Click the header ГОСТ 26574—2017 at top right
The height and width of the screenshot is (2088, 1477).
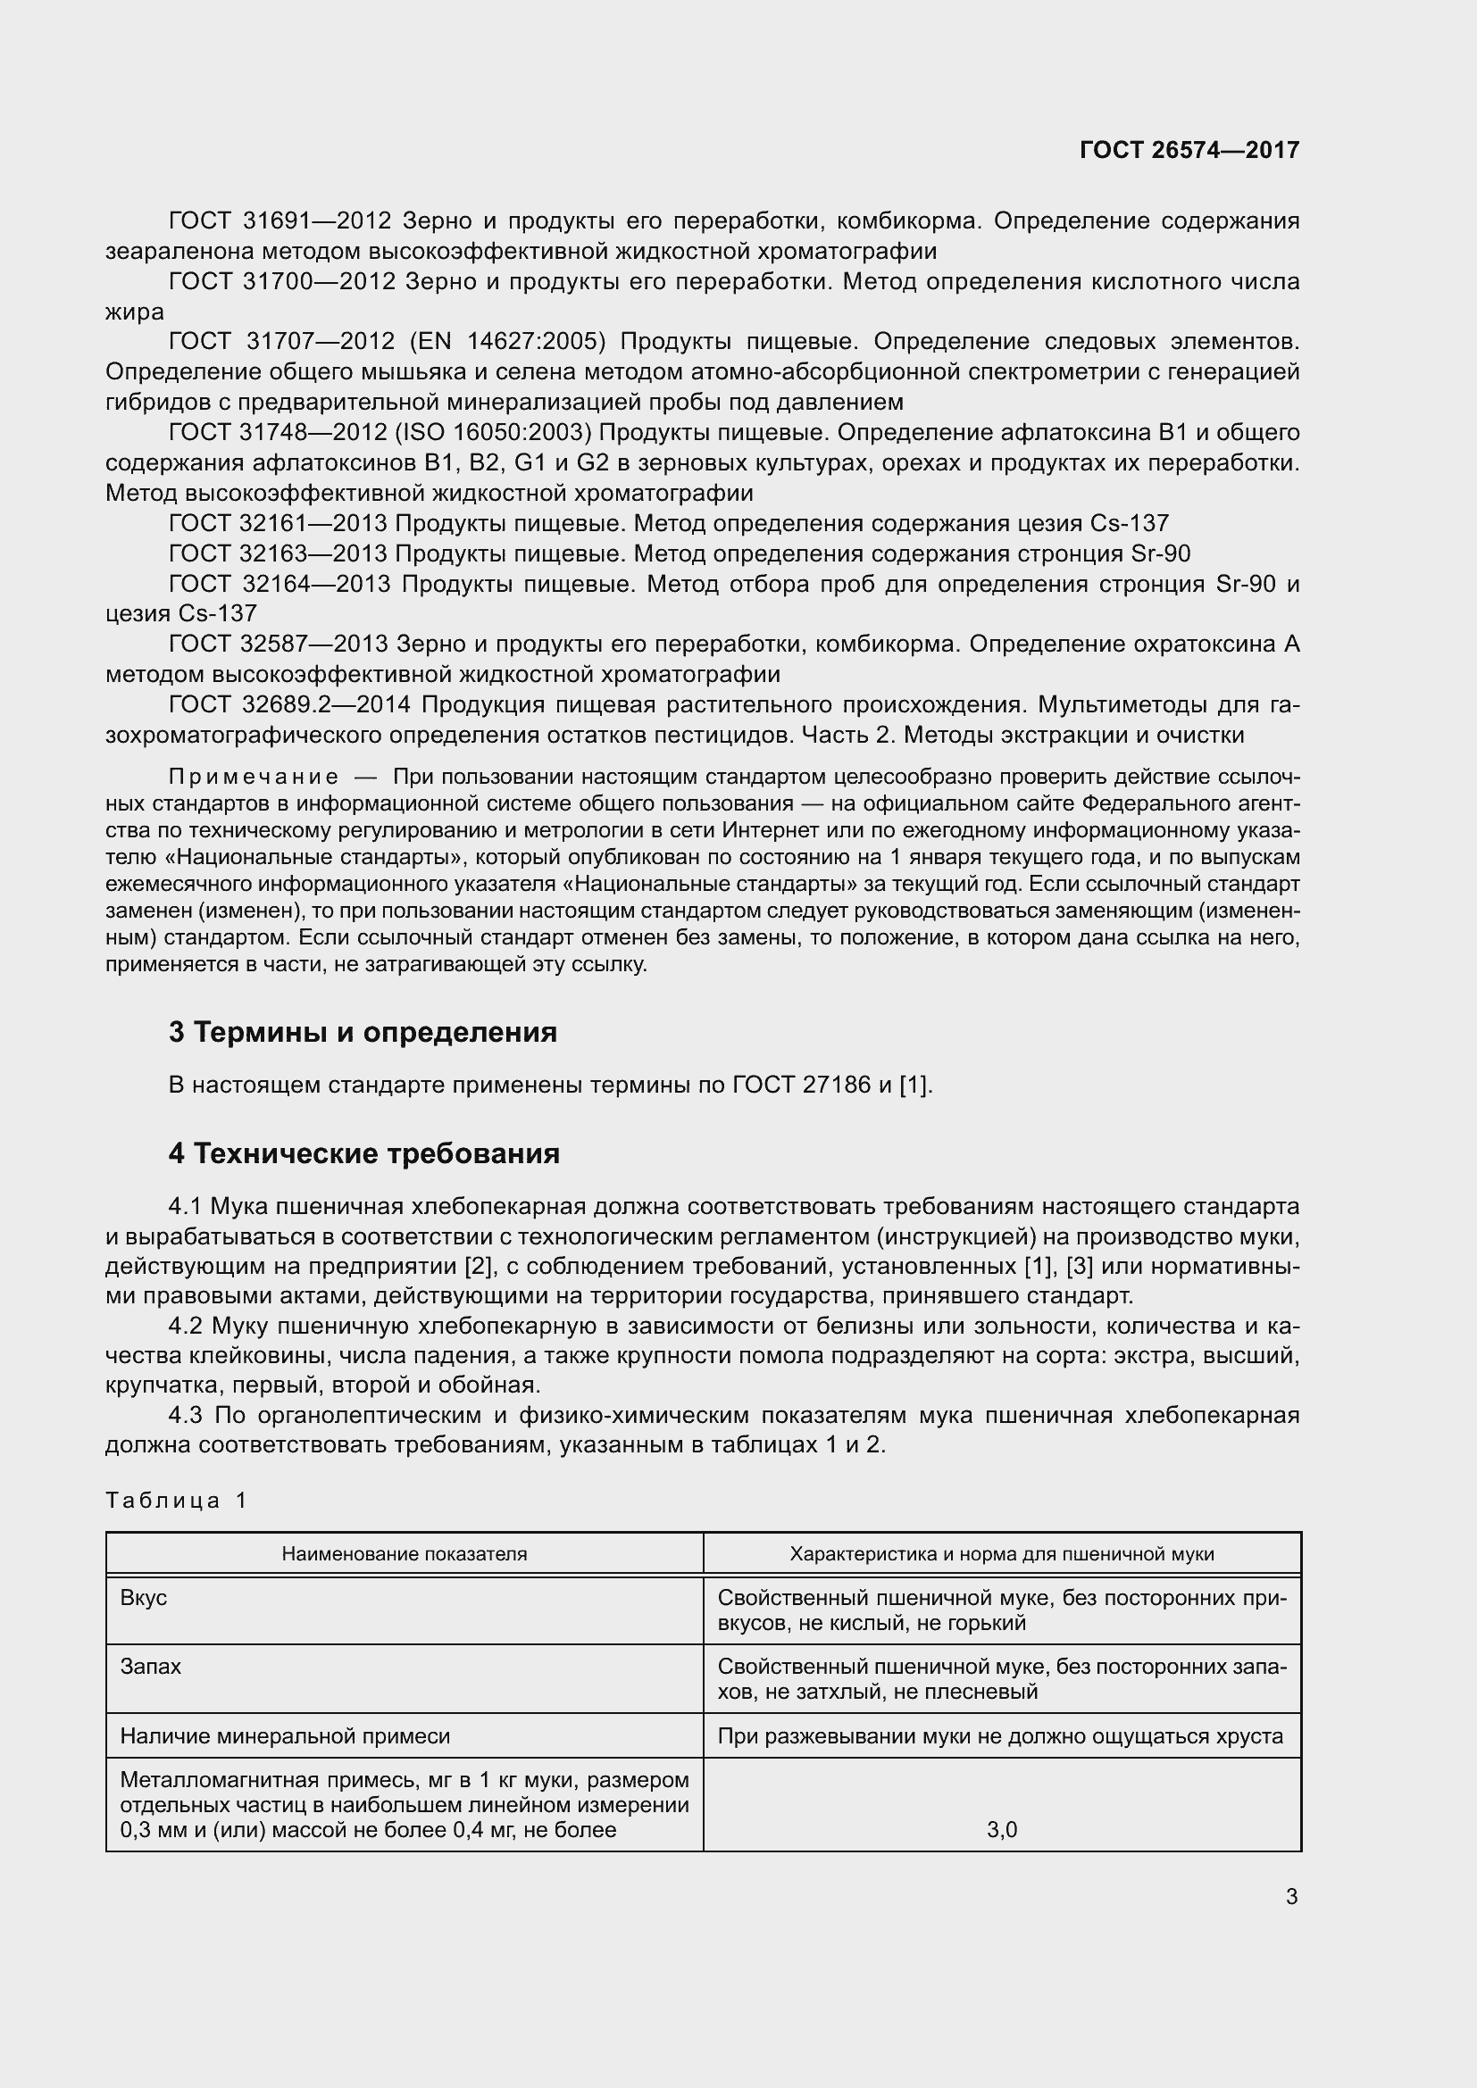pyautogui.click(x=1189, y=150)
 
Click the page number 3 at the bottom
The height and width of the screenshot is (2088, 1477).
pyautogui.click(x=1291, y=1896)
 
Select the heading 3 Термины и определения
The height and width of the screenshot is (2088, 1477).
pyautogui.click(x=362, y=1032)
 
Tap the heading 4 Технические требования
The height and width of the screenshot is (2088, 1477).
pyautogui.click(x=363, y=1153)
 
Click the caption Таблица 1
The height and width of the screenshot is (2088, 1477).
pyautogui.click(x=177, y=1501)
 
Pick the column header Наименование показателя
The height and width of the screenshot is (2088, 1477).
pyautogui.click(x=404, y=1554)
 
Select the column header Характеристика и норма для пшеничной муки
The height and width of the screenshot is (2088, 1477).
pyautogui.click(x=1001, y=1554)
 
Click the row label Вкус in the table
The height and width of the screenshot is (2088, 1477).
pyautogui.click(x=144, y=1598)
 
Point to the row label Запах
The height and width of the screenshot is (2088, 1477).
pyautogui.click(x=150, y=1667)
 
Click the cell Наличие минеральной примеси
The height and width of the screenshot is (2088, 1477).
pyautogui.click(x=285, y=1736)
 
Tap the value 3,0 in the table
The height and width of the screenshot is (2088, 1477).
pyautogui.click(x=1001, y=1830)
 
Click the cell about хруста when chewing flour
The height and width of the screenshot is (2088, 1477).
pyautogui.click(x=1000, y=1736)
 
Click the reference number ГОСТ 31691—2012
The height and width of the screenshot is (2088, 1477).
pyautogui.click(x=280, y=221)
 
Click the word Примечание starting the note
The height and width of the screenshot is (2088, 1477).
pyautogui.click(x=254, y=777)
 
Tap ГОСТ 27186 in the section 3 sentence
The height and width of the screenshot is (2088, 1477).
pyautogui.click(x=800, y=1085)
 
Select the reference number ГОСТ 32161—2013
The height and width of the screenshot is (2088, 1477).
pyautogui.click(x=279, y=524)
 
